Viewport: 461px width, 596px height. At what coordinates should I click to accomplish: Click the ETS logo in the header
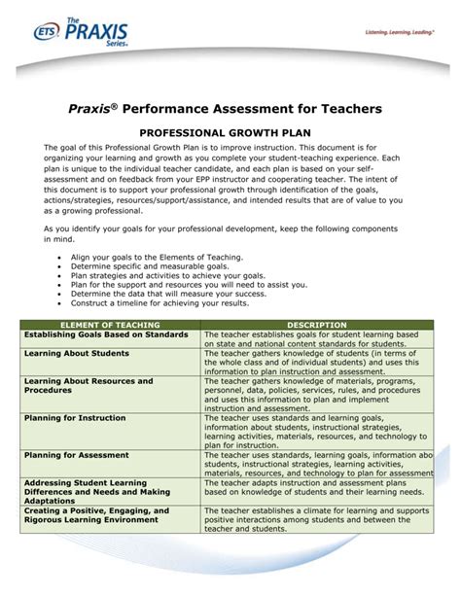point(45,31)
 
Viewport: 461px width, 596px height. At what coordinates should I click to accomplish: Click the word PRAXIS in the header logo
point(89,36)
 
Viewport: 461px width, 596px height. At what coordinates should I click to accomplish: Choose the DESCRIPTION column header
point(317,325)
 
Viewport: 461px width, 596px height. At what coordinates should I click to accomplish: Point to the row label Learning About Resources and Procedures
point(88,387)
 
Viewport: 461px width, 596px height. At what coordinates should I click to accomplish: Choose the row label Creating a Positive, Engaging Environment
point(96,516)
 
